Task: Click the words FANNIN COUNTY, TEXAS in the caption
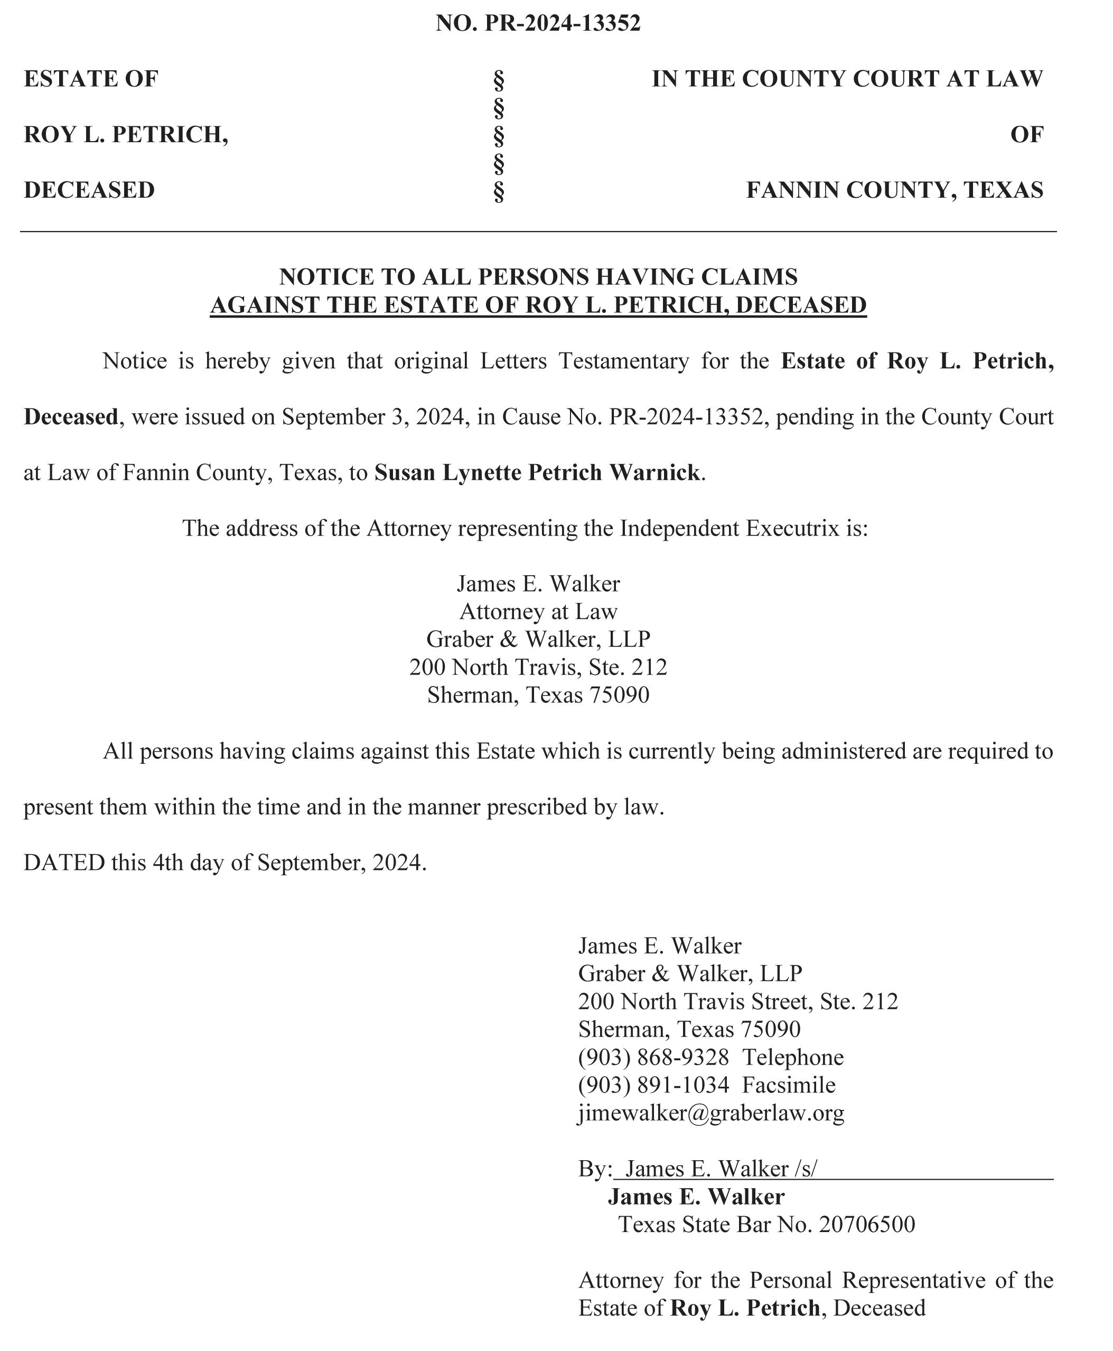894,190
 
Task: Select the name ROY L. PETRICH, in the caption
126,135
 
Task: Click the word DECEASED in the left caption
89,190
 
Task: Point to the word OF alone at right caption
1026,135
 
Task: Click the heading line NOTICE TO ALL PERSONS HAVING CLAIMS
538,276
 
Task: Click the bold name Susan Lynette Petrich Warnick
537,473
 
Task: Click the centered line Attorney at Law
538,612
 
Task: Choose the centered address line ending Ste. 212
538,667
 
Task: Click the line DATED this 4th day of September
225,862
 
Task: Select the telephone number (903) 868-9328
653,1057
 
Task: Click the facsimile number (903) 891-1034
653,1085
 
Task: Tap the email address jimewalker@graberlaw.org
711,1113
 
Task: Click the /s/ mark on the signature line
805,1168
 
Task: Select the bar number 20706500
867,1224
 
